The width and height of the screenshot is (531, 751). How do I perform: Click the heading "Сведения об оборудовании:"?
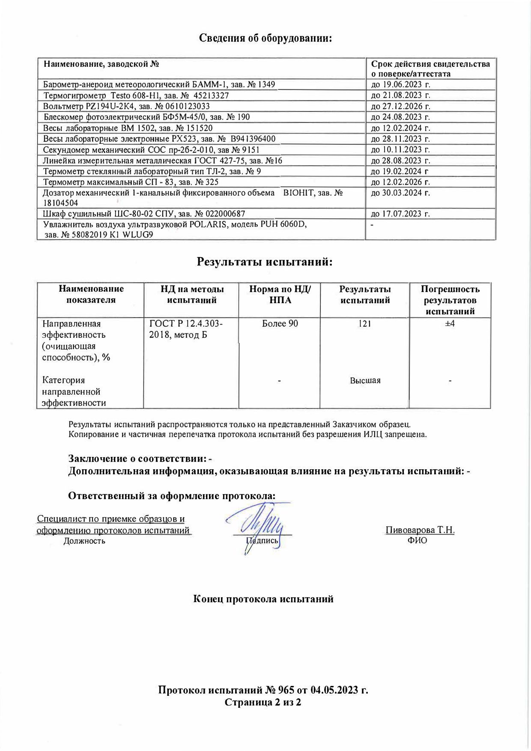[x=266, y=38]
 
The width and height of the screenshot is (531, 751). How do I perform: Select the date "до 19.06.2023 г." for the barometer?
[x=400, y=84]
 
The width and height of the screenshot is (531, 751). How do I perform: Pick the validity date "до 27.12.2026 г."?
[x=400, y=106]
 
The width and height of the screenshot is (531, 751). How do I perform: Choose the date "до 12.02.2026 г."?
[x=400, y=182]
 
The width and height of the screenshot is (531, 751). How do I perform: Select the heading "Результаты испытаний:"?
[x=265, y=262]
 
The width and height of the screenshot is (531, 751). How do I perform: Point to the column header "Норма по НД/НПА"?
[x=280, y=295]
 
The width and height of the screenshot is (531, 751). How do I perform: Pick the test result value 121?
[x=365, y=324]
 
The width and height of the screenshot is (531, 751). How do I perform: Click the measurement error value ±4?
[x=450, y=324]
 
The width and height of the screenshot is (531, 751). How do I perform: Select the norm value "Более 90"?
[x=280, y=324]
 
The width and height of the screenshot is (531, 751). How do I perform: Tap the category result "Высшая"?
[x=365, y=381]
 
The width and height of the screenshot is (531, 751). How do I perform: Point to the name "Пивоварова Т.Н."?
[x=420, y=530]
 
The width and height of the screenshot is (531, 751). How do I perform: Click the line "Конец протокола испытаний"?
[x=263, y=599]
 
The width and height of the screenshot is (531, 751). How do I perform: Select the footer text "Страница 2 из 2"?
[x=263, y=703]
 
